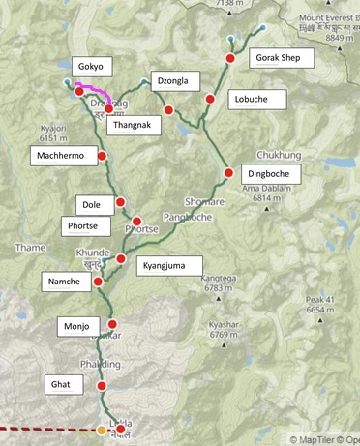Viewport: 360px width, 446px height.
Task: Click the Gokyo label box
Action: [x=96, y=65]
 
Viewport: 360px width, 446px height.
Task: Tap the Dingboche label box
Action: [x=270, y=174]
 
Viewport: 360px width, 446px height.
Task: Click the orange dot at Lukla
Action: [x=103, y=430]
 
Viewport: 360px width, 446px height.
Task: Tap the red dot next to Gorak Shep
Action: [x=230, y=60]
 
